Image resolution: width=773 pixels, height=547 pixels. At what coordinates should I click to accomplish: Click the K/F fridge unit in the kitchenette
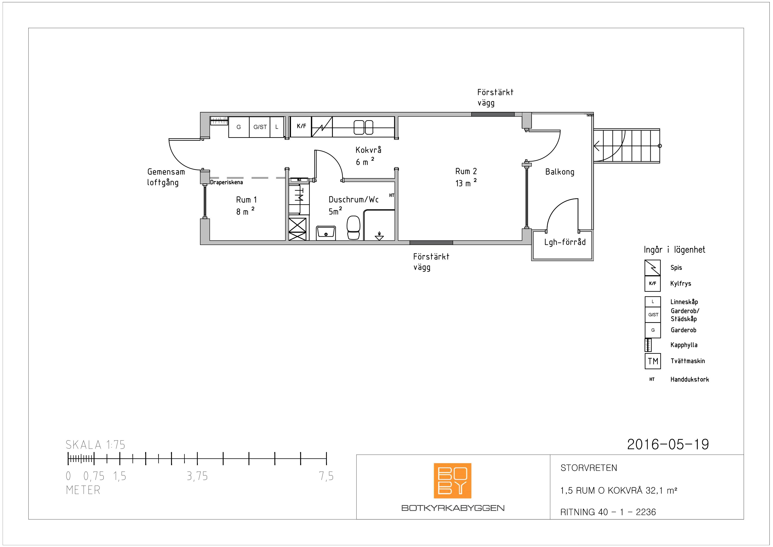coord(301,127)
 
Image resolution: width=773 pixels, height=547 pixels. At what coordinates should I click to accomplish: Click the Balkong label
coord(560,172)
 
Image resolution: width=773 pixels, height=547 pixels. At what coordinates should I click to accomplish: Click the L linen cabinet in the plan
coord(277,127)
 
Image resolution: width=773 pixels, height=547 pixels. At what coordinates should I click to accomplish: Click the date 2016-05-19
coord(668,444)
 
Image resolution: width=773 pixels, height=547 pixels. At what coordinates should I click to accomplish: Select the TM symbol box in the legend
coord(653,361)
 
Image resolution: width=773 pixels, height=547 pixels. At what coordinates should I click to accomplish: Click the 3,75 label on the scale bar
coord(197,476)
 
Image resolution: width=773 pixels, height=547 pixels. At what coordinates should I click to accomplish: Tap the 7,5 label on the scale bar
coord(326,476)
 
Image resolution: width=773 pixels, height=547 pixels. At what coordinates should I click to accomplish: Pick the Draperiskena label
coord(226,182)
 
